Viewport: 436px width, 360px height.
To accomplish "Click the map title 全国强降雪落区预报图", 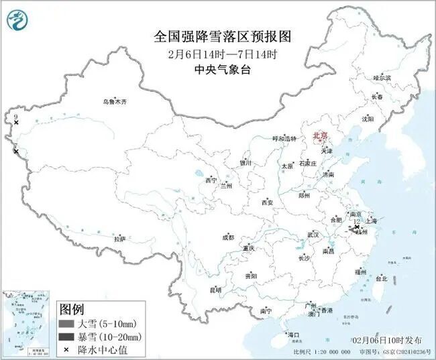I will (x=217, y=36).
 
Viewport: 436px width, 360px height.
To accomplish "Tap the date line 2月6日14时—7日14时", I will (x=217, y=54).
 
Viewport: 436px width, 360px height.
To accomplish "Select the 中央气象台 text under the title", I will (x=217, y=69).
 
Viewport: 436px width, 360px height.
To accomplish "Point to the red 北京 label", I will (x=320, y=136).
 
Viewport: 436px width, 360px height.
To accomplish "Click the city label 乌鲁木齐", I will (x=114, y=102).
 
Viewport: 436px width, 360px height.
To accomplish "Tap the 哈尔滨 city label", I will (x=382, y=78).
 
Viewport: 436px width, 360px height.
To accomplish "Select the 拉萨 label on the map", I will (x=119, y=239).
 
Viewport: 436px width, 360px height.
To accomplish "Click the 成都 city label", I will (x=228, y=237).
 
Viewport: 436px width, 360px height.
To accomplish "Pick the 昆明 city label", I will (x=215, y=290).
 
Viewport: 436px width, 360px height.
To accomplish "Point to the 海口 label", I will (x=293, y=335).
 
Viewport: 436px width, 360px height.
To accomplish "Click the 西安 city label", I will (x=268, y=202).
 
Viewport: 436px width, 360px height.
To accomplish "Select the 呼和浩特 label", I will (x=284, y=139).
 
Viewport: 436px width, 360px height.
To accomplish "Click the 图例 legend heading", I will (x=72, y=310).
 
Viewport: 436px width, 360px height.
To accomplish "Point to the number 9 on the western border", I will (x=15, y=117).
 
